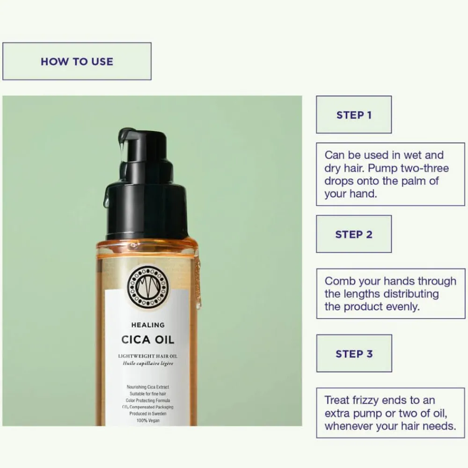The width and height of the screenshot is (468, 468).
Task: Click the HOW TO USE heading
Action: click(x=77, y=61)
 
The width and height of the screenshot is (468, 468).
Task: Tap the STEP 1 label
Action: click(x=354, y=115)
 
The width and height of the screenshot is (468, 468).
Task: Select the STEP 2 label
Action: click(x=354, y=234)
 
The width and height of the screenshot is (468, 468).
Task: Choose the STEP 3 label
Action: click(x=354, y=354)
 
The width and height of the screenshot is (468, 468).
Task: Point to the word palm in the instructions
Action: click(x=414, y=181)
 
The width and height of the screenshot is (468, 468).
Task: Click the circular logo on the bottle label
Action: click(x=148, y=287)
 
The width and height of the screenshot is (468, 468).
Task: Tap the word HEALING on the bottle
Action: click(x=148, y=325)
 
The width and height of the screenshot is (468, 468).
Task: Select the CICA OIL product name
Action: click(x=148, y=340)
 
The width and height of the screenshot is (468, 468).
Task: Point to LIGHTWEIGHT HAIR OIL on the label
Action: click(x=148, y=356)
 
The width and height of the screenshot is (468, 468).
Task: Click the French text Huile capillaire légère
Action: click(x=148, y=363)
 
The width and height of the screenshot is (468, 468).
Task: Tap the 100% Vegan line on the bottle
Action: click(x=148, y=421)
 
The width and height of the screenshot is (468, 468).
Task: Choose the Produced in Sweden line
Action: click(x=148, y=414)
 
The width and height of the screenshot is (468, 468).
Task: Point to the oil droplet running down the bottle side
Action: click(x=198, y=284)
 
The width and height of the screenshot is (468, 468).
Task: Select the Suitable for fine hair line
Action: click(x=148, y=394)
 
